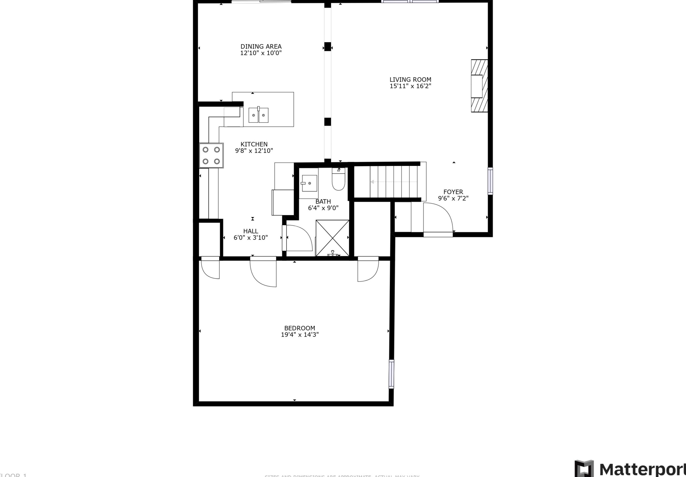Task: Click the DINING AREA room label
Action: click(x=261, y=46)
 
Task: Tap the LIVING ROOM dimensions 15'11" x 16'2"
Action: click(x=410, y=86)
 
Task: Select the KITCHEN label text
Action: click(x=254, y=144)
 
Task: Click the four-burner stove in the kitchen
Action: click(x=211, y=155)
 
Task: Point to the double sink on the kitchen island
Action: click(x=258, y=115)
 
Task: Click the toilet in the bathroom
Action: click(x=339, y=180)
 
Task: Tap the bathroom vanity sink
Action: click(x=309, y=183)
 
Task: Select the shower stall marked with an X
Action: click(x=332, y=238)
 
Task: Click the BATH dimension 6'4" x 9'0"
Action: click(x=323, y=208)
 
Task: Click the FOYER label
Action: click(x=453, y=192)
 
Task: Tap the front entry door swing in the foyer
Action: click(x=438, y=218)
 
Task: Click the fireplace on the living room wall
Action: click(x=479, y=86)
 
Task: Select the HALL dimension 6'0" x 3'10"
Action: click(x=250, y=238)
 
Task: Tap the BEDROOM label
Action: click(x=299, y=328)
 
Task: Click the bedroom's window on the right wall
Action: click(x=391, y=374)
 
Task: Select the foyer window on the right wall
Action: click(x=490, y=181)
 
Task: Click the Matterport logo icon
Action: click(x=584, y=469)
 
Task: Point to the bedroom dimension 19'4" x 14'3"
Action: click(x=299, y=335)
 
